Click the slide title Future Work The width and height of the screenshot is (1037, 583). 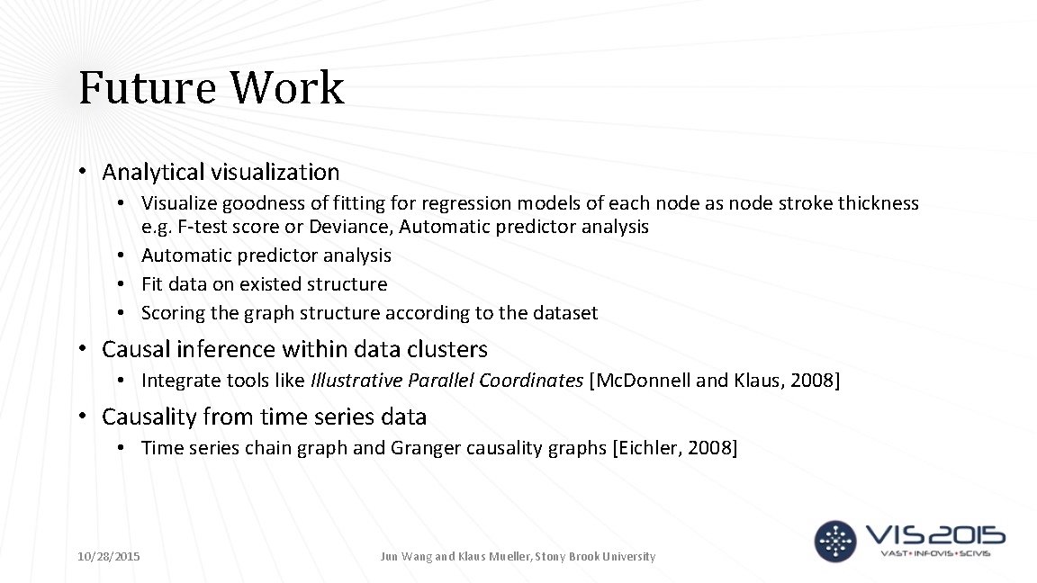[212, 88]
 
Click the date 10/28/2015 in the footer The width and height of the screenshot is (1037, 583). [109, 557]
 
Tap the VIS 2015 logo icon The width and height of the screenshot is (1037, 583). [834, 542]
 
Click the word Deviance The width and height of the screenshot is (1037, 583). [344, 227]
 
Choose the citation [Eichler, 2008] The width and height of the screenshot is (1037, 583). [674, 448]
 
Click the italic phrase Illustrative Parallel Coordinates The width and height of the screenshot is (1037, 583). [446, 381]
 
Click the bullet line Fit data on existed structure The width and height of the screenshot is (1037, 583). [264, 284]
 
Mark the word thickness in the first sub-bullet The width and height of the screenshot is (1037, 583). [878, 203]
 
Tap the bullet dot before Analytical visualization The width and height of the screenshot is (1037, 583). [81, 172]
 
